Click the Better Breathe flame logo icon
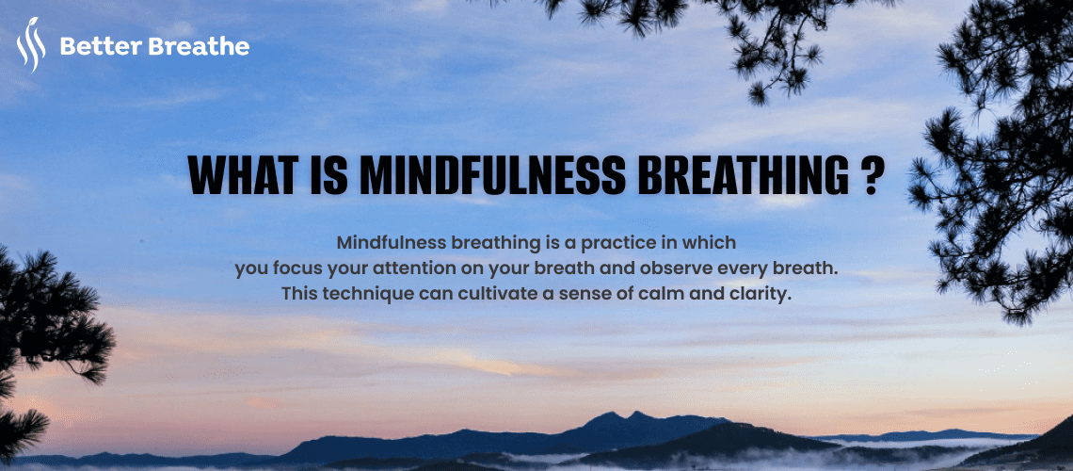(x=30, y=47)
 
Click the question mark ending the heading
(x=872, y=175)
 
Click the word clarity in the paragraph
(x=758, y=294)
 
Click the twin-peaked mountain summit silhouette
(x=622, y=415)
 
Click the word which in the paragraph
(x=710, y=242)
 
